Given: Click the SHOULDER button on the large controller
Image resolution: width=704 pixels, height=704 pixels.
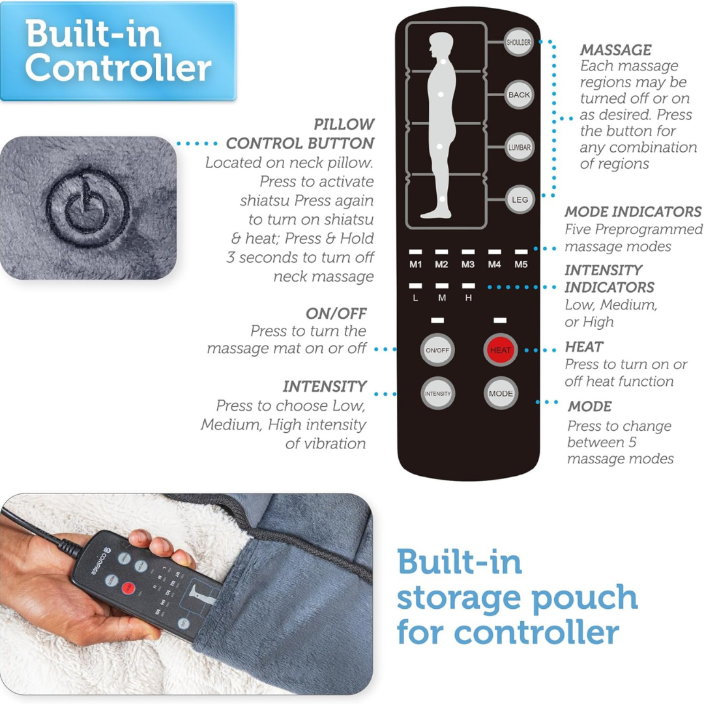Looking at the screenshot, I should point(519,43).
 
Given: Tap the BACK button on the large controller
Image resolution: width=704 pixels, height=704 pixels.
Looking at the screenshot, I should point(519,95).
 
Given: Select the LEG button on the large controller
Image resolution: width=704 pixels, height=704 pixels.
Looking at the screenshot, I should point(519,199).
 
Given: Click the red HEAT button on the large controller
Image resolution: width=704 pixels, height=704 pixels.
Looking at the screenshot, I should point(500,351).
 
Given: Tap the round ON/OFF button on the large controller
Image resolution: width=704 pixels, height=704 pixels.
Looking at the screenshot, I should point(437,351).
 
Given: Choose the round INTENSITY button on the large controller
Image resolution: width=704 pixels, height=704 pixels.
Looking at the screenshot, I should point(437,394).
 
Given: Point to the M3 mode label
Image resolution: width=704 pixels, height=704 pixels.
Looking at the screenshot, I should point(467,265).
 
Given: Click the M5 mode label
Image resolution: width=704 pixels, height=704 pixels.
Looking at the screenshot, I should point(520,265).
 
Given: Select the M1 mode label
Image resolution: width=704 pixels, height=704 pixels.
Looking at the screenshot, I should point(415,265).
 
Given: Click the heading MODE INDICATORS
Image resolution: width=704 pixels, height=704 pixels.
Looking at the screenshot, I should point(633,212).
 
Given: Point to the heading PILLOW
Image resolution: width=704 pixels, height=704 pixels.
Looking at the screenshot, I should point(344,124).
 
